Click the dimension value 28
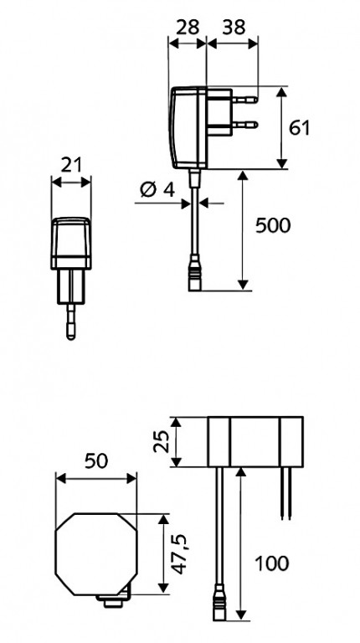[188, 28]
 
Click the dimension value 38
[234, 28]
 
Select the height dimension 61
[300, 128]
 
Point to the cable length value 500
[273, 225]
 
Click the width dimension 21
[72, 165]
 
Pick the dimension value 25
[162, 441]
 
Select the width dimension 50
[96, 461]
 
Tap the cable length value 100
[272, 563]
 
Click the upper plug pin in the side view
[244, 100]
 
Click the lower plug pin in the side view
[244, 124]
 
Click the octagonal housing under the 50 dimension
[96, 553]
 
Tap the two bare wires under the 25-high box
[286, 493]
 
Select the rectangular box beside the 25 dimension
[255, 442]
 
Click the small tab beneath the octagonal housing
[114, 601]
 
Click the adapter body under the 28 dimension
[188, 128]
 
